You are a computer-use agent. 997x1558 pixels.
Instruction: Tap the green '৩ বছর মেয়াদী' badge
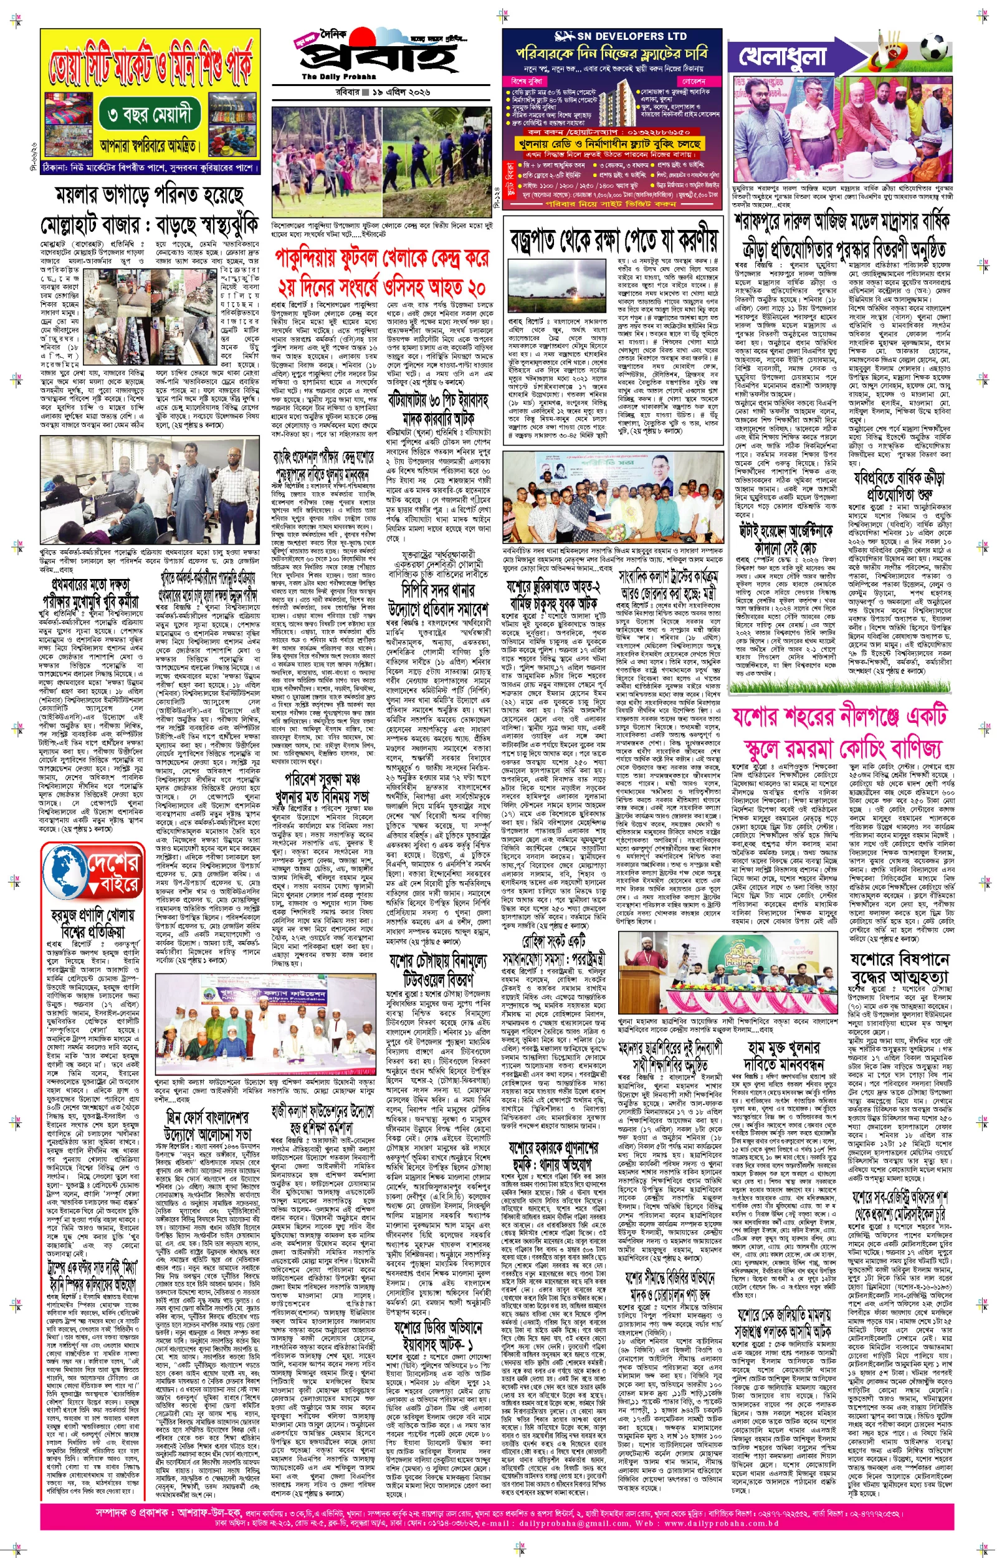(x=150, y=115)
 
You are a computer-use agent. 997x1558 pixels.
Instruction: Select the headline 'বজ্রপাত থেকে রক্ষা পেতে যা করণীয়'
(x=613, y=239)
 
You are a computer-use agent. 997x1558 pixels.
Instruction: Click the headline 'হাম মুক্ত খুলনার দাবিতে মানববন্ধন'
(x=783, y=1056)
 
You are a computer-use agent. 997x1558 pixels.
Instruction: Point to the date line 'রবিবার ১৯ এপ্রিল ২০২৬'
(x=382, y=92)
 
